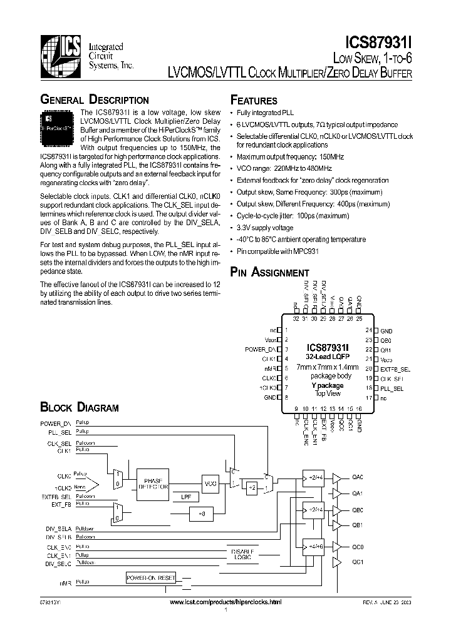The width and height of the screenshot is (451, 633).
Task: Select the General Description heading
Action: (x=94, y=100)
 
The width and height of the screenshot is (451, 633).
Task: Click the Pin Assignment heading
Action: (x=269, y=272)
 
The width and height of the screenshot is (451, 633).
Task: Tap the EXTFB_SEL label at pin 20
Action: (x=395, y=370)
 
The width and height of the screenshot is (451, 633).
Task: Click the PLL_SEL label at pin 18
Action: (x=393, y=388)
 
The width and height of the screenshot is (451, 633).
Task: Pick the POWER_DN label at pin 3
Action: (x=261, y=349)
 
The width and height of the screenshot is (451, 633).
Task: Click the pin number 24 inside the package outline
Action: (x=369, y=330)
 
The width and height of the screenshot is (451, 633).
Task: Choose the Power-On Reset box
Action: (x=151, y=577)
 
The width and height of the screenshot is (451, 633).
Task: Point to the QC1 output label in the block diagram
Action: (x=358, y=562)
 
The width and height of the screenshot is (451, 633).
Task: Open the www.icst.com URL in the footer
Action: (x=225, y=601)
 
